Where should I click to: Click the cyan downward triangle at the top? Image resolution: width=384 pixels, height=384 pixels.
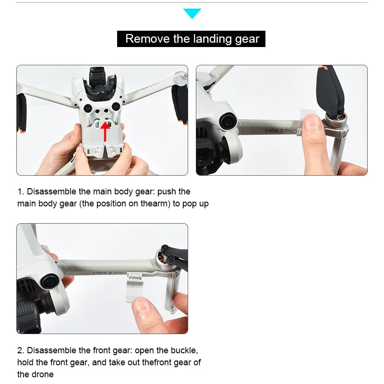(192, 13)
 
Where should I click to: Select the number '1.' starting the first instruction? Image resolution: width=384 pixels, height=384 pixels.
(21, 192)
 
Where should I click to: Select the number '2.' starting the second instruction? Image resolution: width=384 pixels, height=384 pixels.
(21, 350)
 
